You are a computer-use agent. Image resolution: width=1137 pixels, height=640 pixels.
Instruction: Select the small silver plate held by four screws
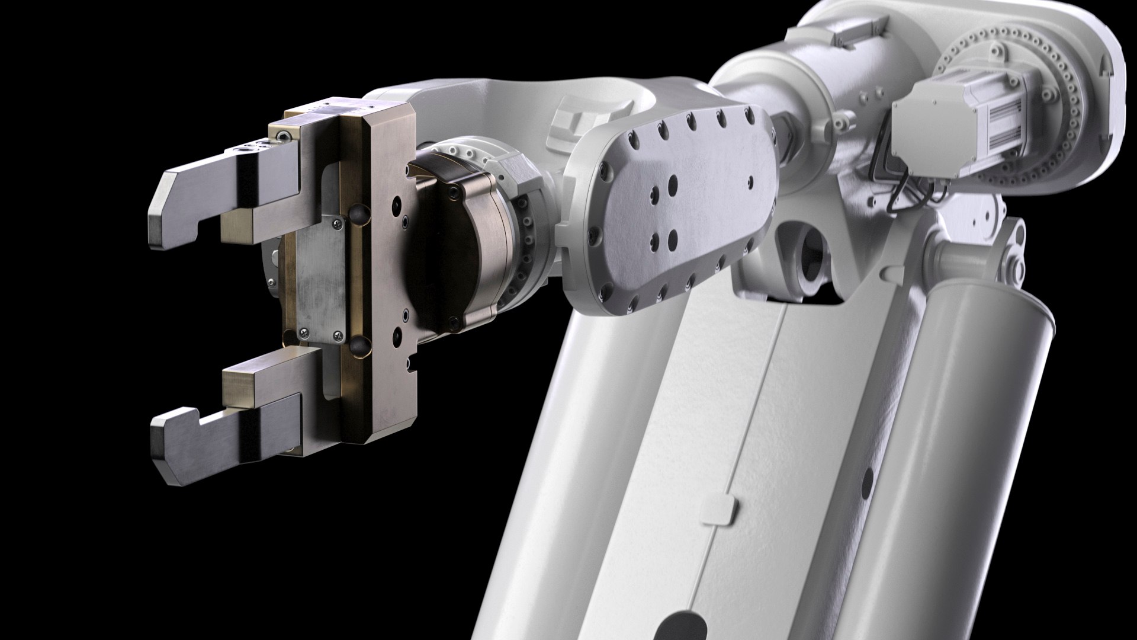click(x=319, y=277)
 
